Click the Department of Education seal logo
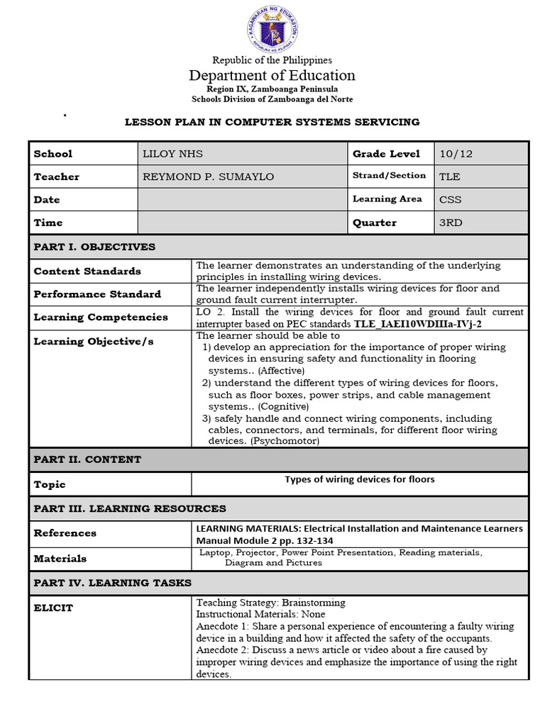[x=272, y=29]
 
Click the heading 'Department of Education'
[x=272, y=75]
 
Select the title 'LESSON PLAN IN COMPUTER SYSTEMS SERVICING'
[x=272, y=122]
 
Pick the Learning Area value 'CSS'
[x=450, y=200]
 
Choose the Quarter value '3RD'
[x=451, y=223]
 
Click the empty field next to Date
[x=241, y=200]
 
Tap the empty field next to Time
[x=241, y=223]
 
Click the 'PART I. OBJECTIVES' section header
[x=94, y=247]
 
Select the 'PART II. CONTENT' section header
[x=87, y=459]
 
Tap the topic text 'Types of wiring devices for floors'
[x=360, y=479]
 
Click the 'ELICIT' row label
[x=53, y=608]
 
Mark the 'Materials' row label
[x=60, y=559]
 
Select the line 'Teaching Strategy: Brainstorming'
[x=270, y=603]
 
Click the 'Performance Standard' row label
[x=97, y=294]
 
